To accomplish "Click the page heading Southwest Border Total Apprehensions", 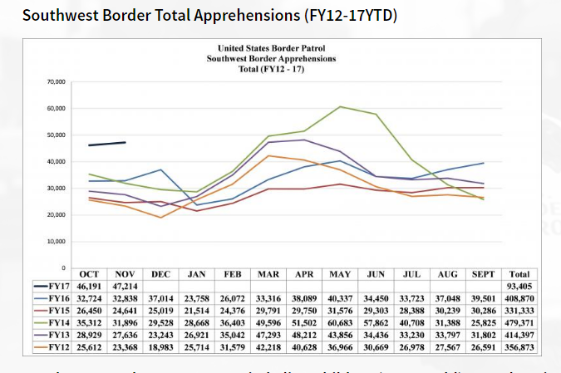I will pos(207,16).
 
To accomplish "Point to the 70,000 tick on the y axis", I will pos(57,82).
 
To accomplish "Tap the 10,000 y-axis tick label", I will pos(57,242).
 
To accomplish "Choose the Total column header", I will pos(519,273).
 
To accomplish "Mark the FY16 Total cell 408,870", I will pos(519,297).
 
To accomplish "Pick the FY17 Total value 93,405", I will pos(519,284).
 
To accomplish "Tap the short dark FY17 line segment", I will pos(107,144).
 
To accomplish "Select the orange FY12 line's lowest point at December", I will pos(161,218).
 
